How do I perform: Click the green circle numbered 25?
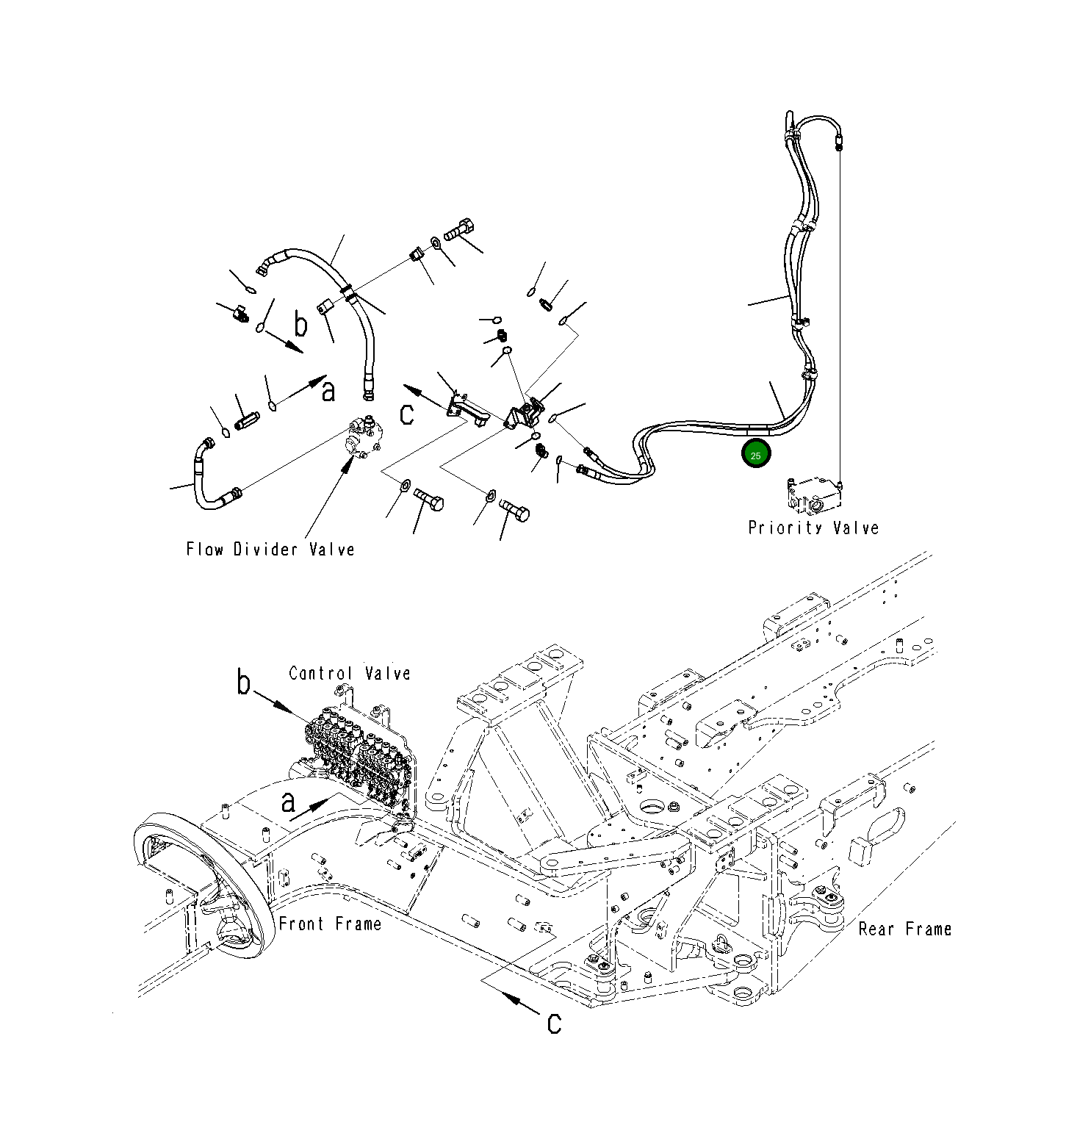tap(755, 455)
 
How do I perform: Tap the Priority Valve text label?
tap(813, 528)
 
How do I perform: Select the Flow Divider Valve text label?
tap(270, 550)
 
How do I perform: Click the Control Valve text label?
tap(349, 673)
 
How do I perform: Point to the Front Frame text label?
tap(330, 924)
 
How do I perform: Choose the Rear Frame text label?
tap(904, 929)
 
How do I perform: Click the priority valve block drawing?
tap(814, 496)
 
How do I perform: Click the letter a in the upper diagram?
tap(328, 392)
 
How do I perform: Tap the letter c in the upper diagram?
tap(407, 414)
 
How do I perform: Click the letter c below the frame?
tap(555, 1022)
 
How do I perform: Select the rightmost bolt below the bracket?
tap(514, 508)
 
